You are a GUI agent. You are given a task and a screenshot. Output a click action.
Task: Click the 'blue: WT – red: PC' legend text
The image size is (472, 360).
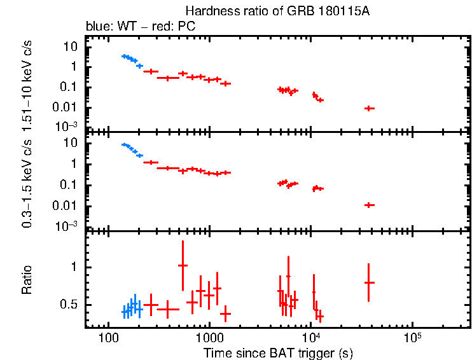coord(141,27)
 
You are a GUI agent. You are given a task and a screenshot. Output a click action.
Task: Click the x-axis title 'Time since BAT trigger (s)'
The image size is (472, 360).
coord(278,353)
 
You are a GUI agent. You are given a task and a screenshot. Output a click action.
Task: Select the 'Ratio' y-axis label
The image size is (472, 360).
coord(27,280)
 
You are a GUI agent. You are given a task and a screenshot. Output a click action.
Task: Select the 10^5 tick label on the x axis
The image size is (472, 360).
coord(412,335)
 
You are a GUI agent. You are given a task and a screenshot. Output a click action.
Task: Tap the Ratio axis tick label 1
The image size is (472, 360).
coord(75,267)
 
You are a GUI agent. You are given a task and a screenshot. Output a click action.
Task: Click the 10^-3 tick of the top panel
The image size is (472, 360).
coord(67,126)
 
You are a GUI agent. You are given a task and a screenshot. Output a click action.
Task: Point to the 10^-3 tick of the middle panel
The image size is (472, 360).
coord(67,226)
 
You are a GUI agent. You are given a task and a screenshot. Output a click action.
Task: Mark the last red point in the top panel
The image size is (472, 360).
coord(369,109)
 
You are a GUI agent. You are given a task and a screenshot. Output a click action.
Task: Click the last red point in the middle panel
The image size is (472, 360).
coord(369,205)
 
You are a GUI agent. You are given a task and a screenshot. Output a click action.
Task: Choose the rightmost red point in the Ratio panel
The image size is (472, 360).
coord(369,282)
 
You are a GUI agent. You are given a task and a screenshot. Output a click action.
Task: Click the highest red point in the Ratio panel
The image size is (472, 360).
coord(183,265)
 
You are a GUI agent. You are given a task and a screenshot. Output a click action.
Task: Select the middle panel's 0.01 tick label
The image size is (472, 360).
coord(67,205)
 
